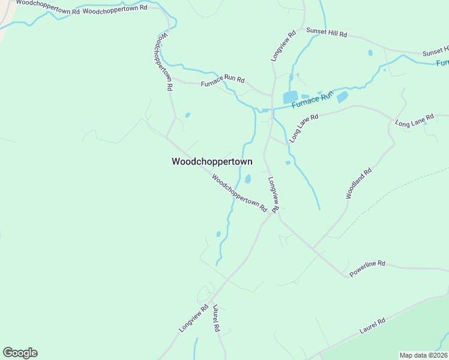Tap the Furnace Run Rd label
pos(222,79)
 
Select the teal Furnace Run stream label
pos(312,100)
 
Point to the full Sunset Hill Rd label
pos(327,32)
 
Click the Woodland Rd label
pos(359,184)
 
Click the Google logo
pos(20,353)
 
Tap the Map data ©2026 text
pos(423,355)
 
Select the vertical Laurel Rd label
pos(217,319)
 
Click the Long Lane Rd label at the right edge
pos(414,120)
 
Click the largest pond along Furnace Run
pos(290,97)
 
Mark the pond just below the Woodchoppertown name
pos(247,179)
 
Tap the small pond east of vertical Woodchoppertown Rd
pos(188,115)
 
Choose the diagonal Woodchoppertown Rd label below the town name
pos(239,192)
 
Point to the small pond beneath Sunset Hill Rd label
pos(370,53)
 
